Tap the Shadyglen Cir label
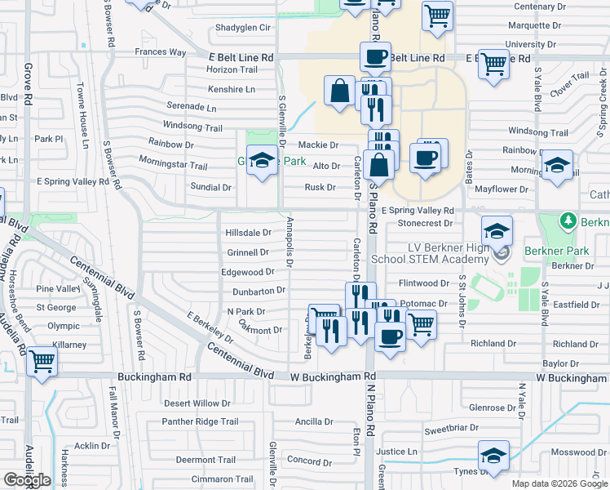pos(242,28)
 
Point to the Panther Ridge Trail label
pos(200,421)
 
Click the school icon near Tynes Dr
pos(493,455)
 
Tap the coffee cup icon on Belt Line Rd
pos(375,57)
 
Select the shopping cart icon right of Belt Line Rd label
pos(494,64)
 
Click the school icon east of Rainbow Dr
pos(557,167)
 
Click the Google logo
pos(27,480)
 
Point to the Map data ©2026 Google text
pos(559,483)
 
